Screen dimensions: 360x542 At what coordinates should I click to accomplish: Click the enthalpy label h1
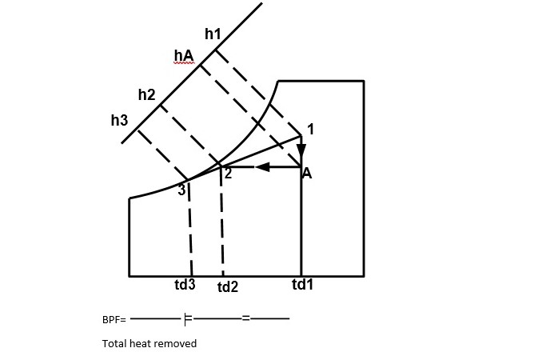click(213, 34)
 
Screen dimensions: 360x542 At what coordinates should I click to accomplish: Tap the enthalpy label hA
click(184, 55)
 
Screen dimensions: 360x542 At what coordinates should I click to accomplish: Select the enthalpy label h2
click(146, 94)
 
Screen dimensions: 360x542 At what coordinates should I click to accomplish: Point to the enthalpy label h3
click(119, 121)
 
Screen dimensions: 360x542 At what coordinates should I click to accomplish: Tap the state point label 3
click(181, 190)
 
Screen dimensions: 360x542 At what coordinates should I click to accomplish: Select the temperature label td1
click(302, 284)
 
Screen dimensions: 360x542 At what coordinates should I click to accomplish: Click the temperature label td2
click(228, 286)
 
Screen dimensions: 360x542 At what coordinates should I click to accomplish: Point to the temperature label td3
click(185, 285)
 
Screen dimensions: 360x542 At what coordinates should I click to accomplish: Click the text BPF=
click(114, 319)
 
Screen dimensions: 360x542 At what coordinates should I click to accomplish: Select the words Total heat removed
click(149, 343)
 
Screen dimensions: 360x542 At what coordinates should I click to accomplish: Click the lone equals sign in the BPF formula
click(246, 319)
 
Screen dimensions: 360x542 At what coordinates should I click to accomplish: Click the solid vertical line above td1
click(301, 224)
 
